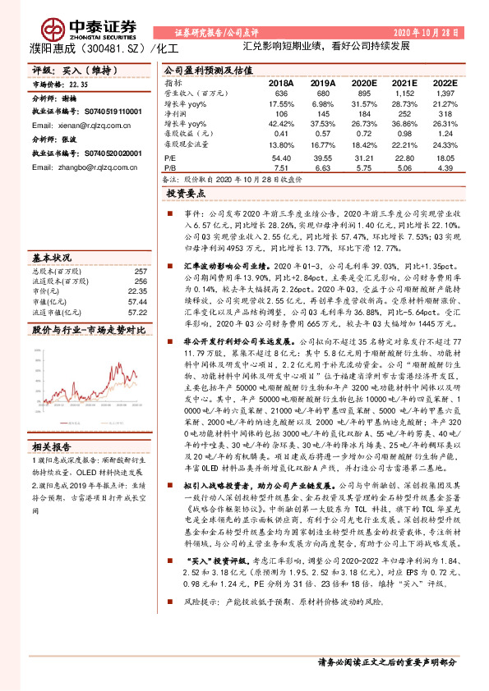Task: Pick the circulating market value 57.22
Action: pos(136,312)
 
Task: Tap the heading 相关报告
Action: pos(52,446)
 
